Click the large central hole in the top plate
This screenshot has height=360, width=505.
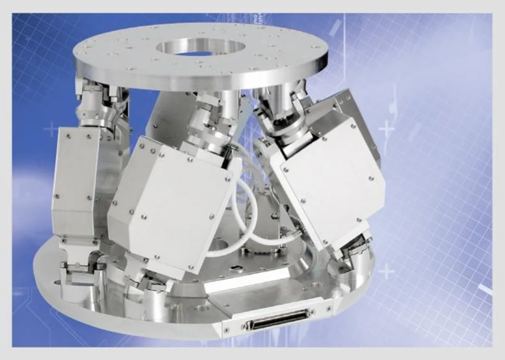[x=198, y=47]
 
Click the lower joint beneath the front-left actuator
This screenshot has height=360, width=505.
[x=154, y=282]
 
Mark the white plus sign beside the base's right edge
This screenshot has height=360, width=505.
[x=386, y=272]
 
